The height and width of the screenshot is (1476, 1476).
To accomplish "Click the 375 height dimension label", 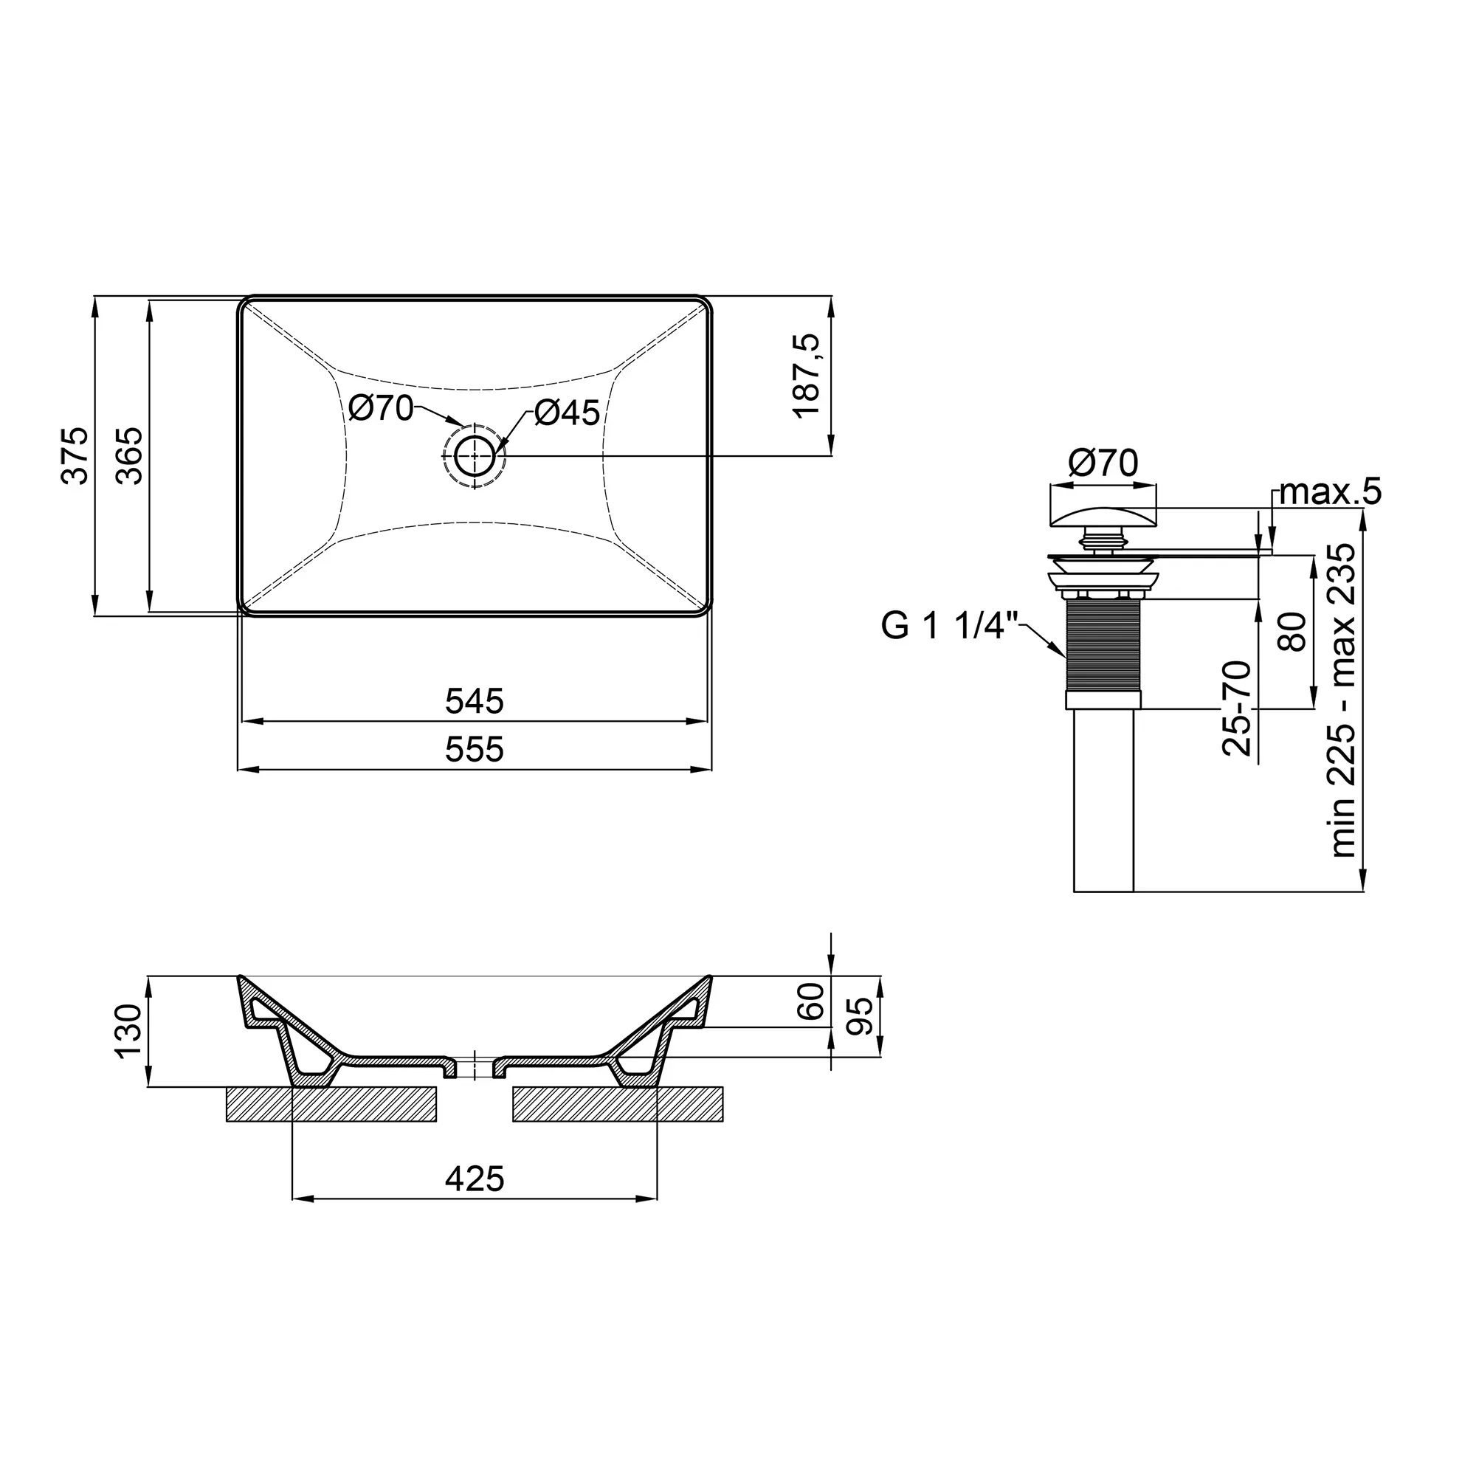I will point(75,455).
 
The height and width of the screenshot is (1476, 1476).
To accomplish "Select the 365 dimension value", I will point(130,455).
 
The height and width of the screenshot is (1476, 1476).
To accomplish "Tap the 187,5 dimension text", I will point(807,376).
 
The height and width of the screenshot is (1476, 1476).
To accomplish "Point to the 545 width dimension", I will point(475,701).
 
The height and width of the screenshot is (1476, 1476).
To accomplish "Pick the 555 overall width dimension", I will point(475,750).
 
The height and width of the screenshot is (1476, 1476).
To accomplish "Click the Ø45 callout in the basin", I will point(567,413).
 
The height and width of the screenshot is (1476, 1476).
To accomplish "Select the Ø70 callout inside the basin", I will point(381,408).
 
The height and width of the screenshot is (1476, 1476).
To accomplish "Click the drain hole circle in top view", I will point(475,456).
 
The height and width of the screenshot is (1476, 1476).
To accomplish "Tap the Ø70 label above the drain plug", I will point(1103,463).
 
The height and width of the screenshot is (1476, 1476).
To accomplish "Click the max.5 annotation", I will point(1330,492).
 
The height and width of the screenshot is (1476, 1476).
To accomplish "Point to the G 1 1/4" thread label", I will point(951,627).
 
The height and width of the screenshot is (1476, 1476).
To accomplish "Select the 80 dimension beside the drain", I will point(1293,631).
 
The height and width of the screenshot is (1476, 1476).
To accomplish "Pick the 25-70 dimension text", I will point(1238,708).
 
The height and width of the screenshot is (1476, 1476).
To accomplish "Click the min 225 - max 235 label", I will point(1343,700).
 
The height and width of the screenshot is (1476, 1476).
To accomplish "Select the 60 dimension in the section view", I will point(811,1001).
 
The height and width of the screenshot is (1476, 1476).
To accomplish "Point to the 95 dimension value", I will point(861,1016).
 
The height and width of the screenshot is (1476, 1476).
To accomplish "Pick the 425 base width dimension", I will point(475,1179).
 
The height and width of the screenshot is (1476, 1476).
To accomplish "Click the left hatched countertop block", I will point(331,1104).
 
